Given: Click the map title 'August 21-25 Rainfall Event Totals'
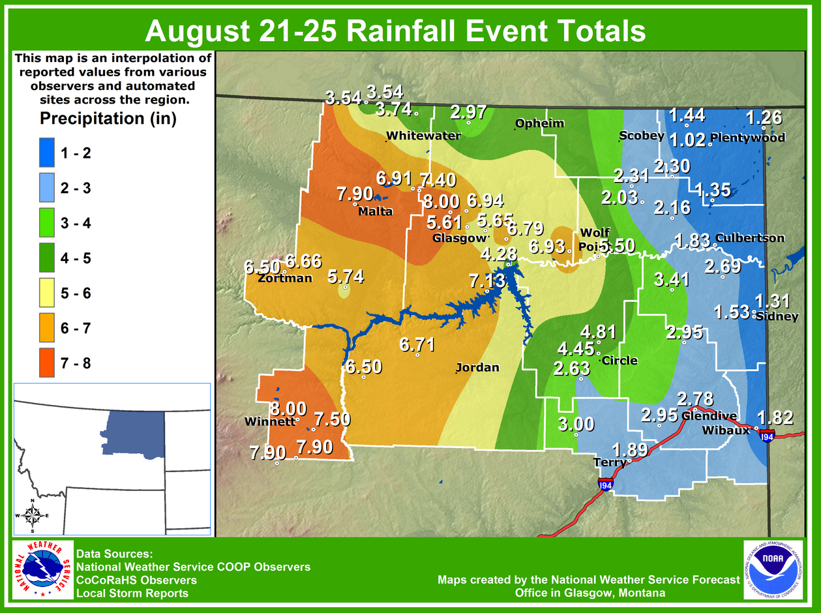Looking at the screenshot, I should [x=395, y=31].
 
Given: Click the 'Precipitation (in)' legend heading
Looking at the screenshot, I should [x=108, y=119].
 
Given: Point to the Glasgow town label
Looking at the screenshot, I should [x=460, y=239].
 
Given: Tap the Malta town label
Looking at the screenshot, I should [x=376, y=211].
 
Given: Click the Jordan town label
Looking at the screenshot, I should [x=477, y=367].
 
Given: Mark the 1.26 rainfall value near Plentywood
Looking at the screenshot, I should [x=764, y=118].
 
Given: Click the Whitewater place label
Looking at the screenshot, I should [x=423, y=136].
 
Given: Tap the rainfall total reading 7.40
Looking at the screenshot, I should [x=438, y=180].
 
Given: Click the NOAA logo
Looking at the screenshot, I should [x=773, y=570].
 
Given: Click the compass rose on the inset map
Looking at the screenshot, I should [x=32, y=516].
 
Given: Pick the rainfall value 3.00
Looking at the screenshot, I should [x=576, y=424].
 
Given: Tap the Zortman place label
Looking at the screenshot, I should [x=285, y=278].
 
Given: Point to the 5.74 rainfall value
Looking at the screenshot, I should [x=346, y=277].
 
